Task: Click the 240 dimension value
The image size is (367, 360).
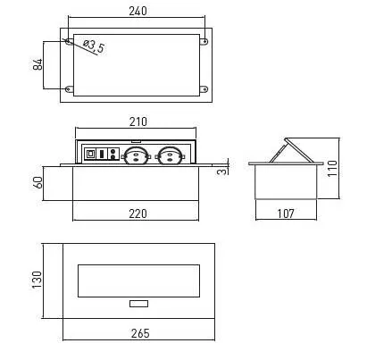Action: point(138,11)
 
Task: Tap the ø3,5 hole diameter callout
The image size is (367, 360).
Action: point(94,46)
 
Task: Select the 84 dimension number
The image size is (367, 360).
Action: point(38,64)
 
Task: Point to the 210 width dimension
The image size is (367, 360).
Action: point(138,121)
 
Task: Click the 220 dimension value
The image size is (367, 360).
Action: point(138,213)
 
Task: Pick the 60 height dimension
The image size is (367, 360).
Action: point(38,182)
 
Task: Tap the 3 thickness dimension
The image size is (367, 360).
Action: point(222,172)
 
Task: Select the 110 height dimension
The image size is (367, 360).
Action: point(332,169)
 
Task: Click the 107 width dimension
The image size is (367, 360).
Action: point(286,213)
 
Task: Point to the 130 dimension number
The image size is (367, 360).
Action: point(37,280)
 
